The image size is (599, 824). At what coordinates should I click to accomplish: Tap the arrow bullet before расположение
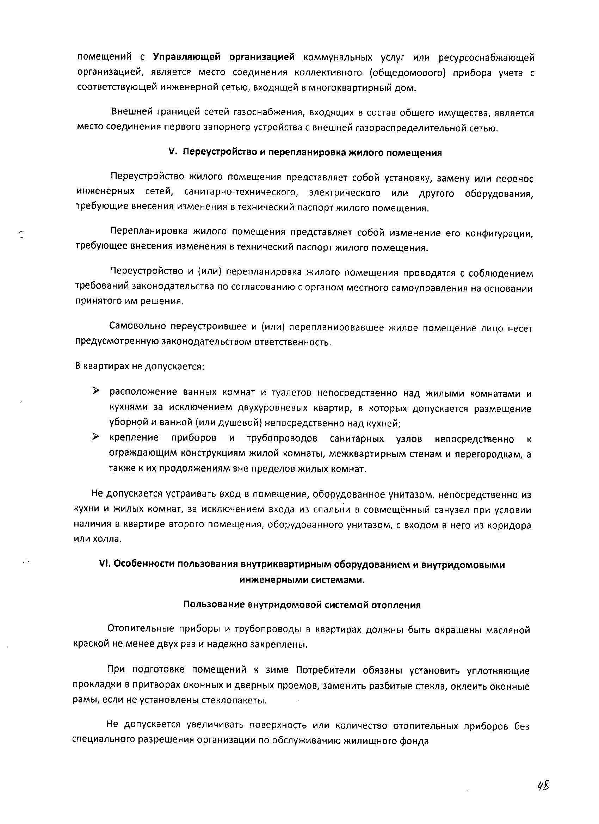pyautogui.click(x=95, y=391)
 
